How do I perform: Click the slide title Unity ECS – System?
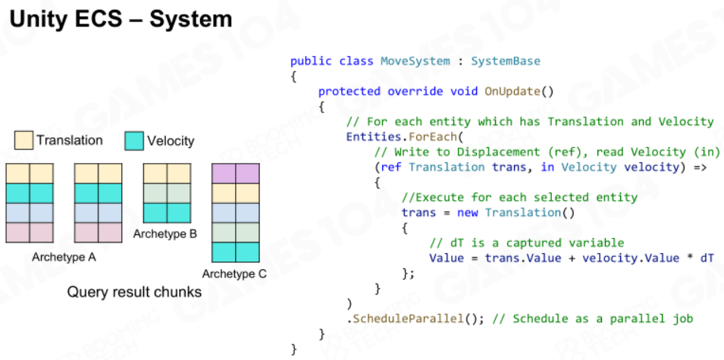click(x=121, y=20)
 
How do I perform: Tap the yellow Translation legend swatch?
click(x=24, y=140)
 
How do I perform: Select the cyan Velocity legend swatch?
click(x=134, y=141)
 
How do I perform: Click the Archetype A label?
click(x=64, y=257)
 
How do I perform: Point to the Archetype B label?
click(x=165, y=234)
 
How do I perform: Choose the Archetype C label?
click(x=234, y=274)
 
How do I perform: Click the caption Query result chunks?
click(x=134, y=292)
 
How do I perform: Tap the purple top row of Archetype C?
click(x=236, y=174)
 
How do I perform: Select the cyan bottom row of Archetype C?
click(x=236, y=252)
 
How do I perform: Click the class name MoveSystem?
click(x=415, y=61)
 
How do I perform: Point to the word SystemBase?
click(x=505, y=61)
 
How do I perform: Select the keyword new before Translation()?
click(x=467, y=213)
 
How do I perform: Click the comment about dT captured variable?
click(x=526, y=243)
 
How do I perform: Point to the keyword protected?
click(x=349, y=92)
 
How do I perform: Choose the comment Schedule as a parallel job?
click(x=593, y=318)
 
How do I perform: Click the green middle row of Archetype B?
click(x=167, y=193)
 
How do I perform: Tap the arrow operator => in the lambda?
click(x=700, y=167)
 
